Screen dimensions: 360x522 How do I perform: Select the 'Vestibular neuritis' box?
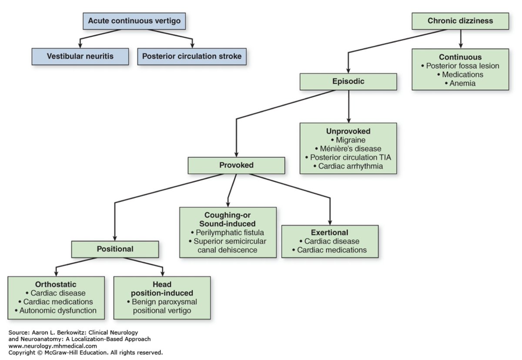click(80, 56)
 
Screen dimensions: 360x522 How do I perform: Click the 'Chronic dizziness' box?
click(460, 21)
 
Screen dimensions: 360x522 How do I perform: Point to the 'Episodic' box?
click(348, 81)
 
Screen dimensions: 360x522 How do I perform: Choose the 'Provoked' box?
click(236, 165)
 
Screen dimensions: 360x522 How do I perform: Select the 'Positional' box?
click(115, 249)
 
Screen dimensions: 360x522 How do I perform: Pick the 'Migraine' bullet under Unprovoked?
click(348, 140)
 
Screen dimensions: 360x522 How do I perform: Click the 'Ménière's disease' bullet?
click(348, 148)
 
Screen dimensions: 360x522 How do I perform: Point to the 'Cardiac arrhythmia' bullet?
click(348, 166)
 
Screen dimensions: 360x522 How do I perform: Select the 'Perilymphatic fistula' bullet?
click(228, 232)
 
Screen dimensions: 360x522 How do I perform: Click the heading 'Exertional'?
click(330, 232)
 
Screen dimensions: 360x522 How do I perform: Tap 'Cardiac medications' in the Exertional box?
click(330, 250)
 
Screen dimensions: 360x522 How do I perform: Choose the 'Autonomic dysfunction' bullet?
click(56, 310)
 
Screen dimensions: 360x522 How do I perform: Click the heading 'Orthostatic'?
click(56, 285)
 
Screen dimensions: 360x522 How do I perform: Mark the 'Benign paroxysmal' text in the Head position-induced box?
click(162, 302)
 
